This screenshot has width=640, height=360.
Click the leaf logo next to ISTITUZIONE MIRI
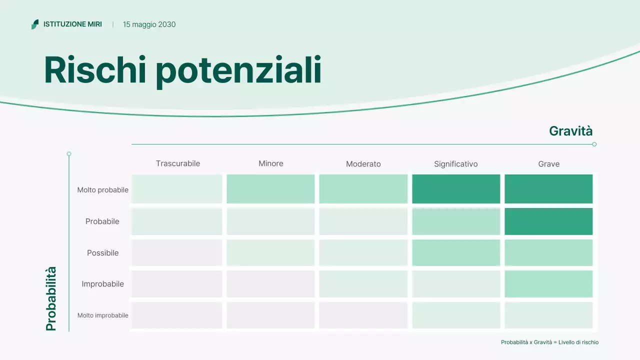35,24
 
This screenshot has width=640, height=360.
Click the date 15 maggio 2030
149,24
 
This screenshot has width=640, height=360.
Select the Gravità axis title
570,131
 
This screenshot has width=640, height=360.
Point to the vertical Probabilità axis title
51,298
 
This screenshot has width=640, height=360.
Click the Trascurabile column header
177,163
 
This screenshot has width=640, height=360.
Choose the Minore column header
270,163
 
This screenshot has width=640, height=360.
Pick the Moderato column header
363,164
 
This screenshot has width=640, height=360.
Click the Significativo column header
455,164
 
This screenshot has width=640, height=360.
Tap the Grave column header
548,164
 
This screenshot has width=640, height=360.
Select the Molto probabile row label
102,190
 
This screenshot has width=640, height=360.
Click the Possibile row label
102,253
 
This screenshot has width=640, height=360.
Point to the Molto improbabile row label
102,315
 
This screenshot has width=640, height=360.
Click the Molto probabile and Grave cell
548,189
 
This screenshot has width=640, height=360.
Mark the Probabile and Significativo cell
455,221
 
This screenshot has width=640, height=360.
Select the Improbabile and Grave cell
548,284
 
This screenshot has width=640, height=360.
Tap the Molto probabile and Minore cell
270,189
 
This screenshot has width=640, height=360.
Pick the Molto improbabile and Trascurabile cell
177,315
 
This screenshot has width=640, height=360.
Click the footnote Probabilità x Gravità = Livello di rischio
549,342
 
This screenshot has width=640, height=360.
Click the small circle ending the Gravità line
594,144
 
